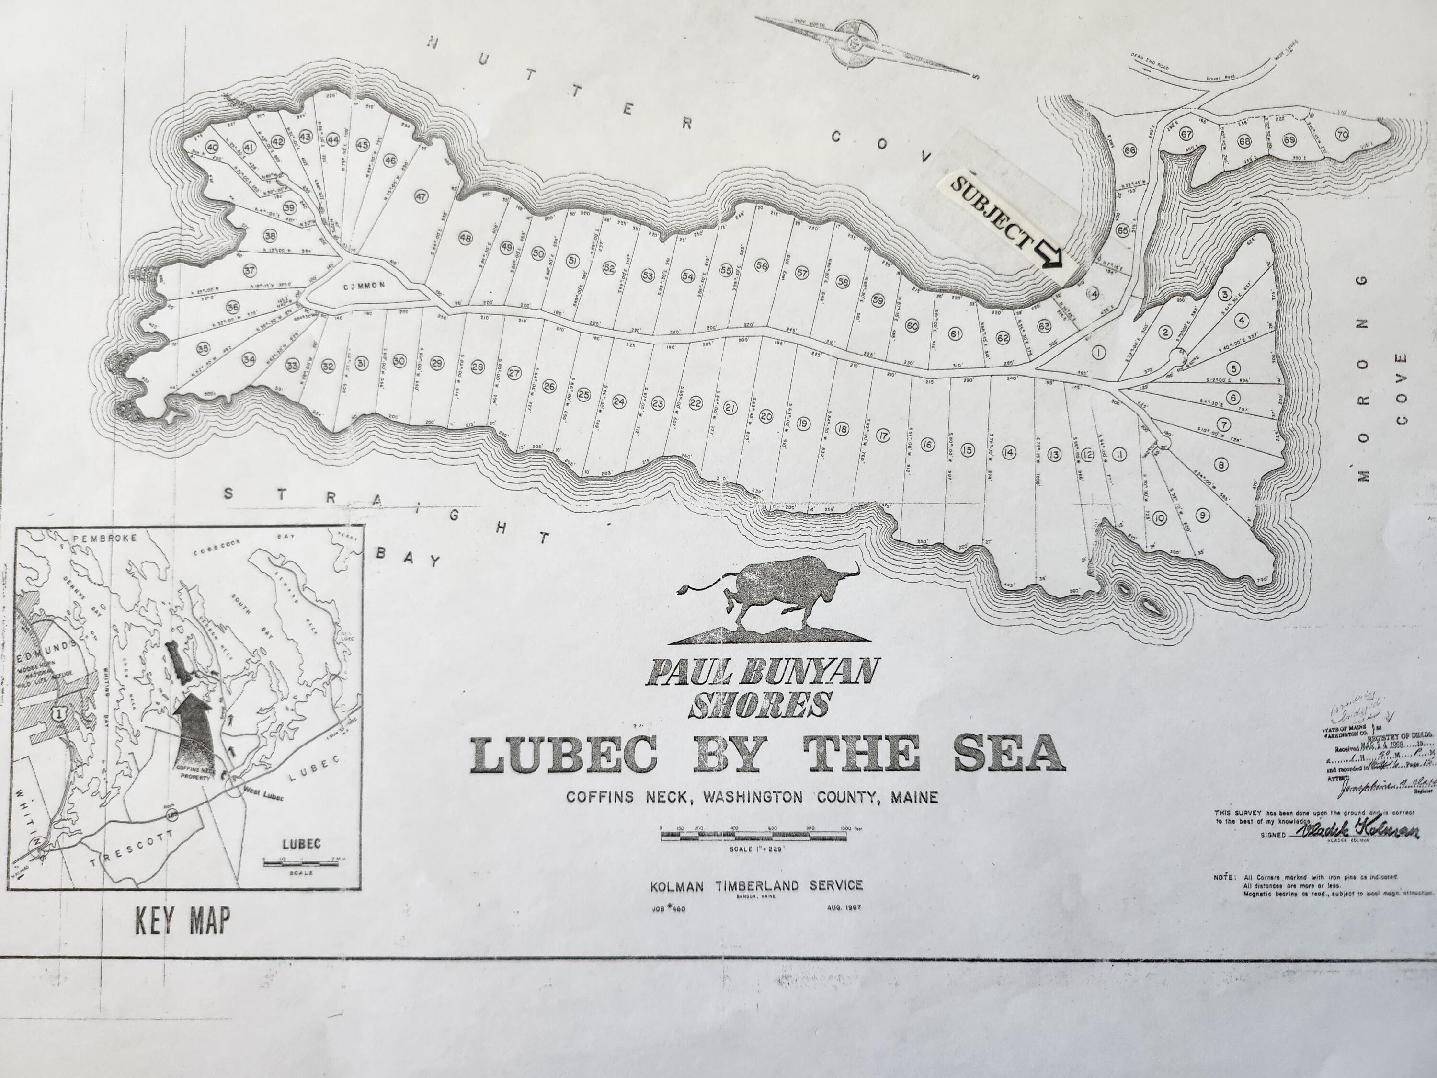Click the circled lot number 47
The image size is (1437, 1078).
[421, 197]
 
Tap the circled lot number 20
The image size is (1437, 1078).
[766, 416]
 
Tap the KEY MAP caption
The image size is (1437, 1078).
[182, 921]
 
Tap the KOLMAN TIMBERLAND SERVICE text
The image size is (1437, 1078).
[756, 885]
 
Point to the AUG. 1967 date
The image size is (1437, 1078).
[844, 908]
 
